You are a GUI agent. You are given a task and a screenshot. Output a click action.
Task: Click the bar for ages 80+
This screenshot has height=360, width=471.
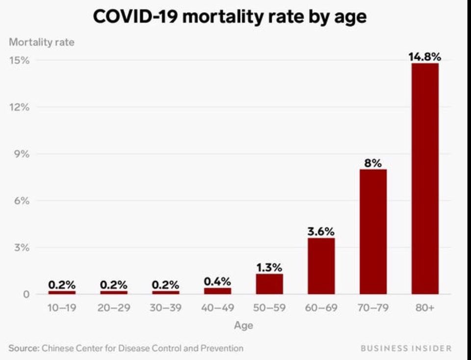pyautogui.click(x=425, y=179)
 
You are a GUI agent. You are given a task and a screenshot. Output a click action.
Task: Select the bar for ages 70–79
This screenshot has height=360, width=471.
pyautogui.click(x=373, y=232)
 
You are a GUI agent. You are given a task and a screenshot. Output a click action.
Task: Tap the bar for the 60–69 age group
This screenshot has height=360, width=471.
pyautogui.click(x=321, y=266)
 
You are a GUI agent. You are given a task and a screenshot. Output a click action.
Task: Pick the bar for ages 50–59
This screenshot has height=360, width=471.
pyautogui.click(x=269, y=284)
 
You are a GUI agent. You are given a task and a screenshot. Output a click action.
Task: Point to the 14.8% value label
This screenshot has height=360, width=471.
pyautogui.click(x=425, y=56)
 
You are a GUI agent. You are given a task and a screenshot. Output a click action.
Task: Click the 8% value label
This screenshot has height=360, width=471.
pyautogui.click(x=373, y=163)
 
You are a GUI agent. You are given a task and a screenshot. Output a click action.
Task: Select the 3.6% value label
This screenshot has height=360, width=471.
pyautogui.click(x=321, y=231)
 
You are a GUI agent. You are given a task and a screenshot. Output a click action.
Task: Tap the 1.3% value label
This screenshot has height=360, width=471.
pyautogui.click(x=269, y=267)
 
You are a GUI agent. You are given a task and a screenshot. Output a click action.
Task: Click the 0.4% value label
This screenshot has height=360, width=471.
pyautogui.click(x=217, y=282)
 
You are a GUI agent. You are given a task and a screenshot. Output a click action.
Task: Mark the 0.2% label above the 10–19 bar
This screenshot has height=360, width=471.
pyautogui.click(x=62, y=284)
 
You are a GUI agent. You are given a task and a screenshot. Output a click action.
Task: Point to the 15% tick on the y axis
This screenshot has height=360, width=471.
pyautogui.click(x=20, y=60)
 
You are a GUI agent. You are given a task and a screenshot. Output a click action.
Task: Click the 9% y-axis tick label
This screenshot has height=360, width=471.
pyautogui.click(x=22, y=154)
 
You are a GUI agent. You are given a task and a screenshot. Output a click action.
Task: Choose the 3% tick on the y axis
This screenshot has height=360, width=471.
pyautogui.click(x=22, y=248)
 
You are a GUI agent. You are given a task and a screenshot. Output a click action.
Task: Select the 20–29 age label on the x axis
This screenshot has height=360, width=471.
pyautogui.click(x=114, y=308)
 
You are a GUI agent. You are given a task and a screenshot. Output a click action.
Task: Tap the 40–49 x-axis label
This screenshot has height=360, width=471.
pyautogui.click(x=217, y=308)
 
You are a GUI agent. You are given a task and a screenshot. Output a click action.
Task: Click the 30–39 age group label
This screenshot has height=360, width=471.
pyautogui.click(x=165, y=308)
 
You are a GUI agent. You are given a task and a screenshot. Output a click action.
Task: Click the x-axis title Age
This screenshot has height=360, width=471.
pyautogui.click(x=244, y=326)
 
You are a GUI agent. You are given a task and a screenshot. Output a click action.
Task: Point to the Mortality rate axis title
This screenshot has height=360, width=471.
pyautogui.click(x=42, y=42)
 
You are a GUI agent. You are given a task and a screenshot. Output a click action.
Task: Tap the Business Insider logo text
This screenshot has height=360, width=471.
pyautogui.click(x=406, y=348)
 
